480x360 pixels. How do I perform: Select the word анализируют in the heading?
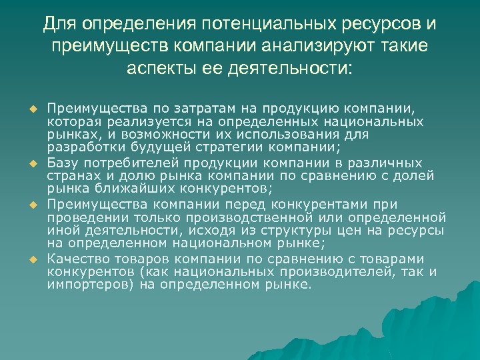click(321, 47)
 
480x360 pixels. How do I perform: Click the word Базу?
click(63, 163)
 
